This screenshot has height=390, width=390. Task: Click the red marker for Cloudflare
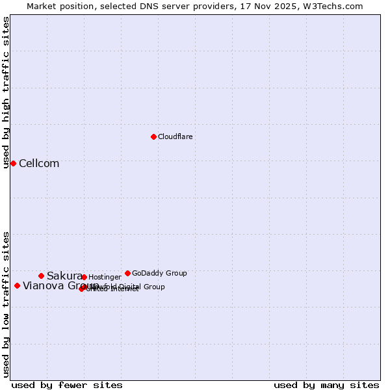(x=153, y=136)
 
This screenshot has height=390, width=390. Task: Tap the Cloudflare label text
(x=175, y=137)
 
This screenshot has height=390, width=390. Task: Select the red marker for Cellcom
(x=13, y=163)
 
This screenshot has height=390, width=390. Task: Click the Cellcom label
(x=39, y=164)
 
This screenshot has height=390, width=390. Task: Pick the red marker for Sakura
(x=41, y=276)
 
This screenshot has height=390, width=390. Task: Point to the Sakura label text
(x=64, y=276)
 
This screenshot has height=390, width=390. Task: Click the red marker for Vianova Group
(x=17, y=285)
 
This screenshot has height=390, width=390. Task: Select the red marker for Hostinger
(x=84, y=277)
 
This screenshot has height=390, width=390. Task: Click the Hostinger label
(x=105, y=278)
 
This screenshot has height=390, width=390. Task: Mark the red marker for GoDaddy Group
(x=127, y=273)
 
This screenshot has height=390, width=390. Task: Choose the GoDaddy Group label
(x=159, y=274)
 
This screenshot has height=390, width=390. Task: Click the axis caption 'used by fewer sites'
(x=67, y=385)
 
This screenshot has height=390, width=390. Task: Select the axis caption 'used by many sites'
(x=326, y=385)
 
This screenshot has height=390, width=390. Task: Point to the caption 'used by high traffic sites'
(x=6, y=92)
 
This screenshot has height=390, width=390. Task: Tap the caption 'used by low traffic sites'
(x=6, y=304)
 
